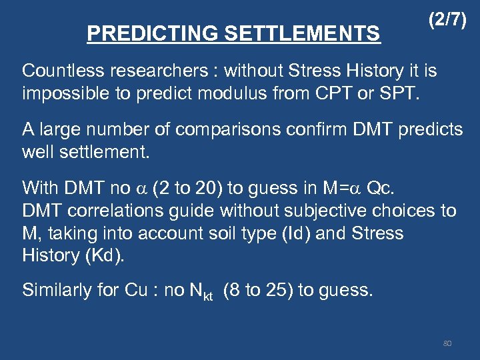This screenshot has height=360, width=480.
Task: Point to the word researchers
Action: (158, 71)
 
